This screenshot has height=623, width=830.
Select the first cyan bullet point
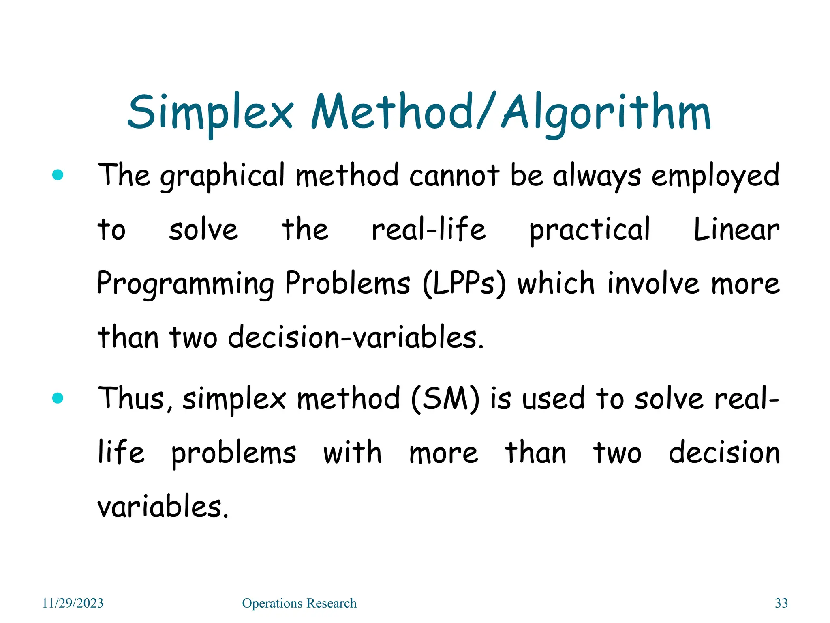(x=58, y=175)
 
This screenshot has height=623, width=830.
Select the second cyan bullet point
(x=58, y=398)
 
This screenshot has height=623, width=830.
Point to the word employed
(x=715, y=176)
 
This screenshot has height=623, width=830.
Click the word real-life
(x=429, y=230)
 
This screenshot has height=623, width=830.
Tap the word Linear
(x=736, y=230)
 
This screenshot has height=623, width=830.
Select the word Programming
(x=186, y=284)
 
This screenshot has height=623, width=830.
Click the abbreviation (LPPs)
(x=464, y=284)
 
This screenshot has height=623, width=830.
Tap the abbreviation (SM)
(x=445, y=398)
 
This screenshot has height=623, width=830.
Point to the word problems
(x=234, y=453)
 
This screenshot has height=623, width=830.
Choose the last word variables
(x=163, y=507)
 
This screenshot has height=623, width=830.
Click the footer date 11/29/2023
(x=73, y=603)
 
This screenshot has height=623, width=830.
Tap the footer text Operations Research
(x=299, y=603)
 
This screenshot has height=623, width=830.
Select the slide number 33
(x=781, y=603)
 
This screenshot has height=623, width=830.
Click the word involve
(x=653, y=284)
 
